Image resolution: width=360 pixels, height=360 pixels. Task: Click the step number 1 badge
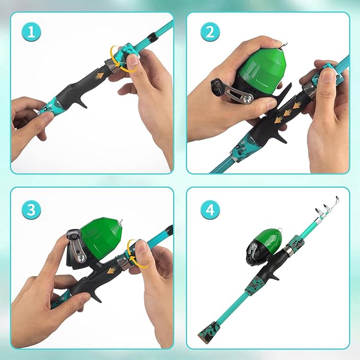pos(32,32)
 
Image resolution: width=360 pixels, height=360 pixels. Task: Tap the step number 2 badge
pos(209,32)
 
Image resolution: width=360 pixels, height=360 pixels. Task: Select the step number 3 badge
pos(32,209)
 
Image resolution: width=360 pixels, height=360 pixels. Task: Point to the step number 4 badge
pos(209,209)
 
